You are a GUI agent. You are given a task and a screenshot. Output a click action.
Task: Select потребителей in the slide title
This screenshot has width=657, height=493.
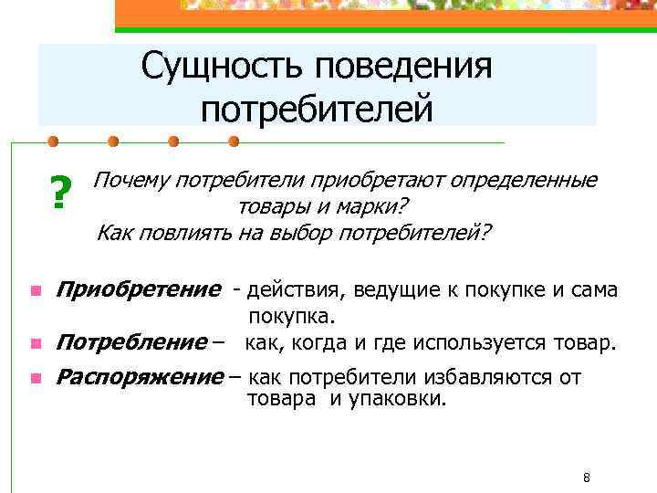pos(317,110)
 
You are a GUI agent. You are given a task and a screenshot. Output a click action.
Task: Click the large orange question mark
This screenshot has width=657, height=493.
pos(60,193)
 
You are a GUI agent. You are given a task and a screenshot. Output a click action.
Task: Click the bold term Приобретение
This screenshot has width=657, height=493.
pos(139,290)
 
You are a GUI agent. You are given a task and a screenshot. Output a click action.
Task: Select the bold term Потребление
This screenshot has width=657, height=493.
pos(132,343)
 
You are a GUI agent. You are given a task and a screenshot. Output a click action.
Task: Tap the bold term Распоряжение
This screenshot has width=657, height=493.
pos(140,377)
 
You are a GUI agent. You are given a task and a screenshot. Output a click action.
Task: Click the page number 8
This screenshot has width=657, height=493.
pos(587,477)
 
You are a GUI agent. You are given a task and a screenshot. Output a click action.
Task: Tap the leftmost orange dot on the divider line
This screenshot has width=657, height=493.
pos(53,142)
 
